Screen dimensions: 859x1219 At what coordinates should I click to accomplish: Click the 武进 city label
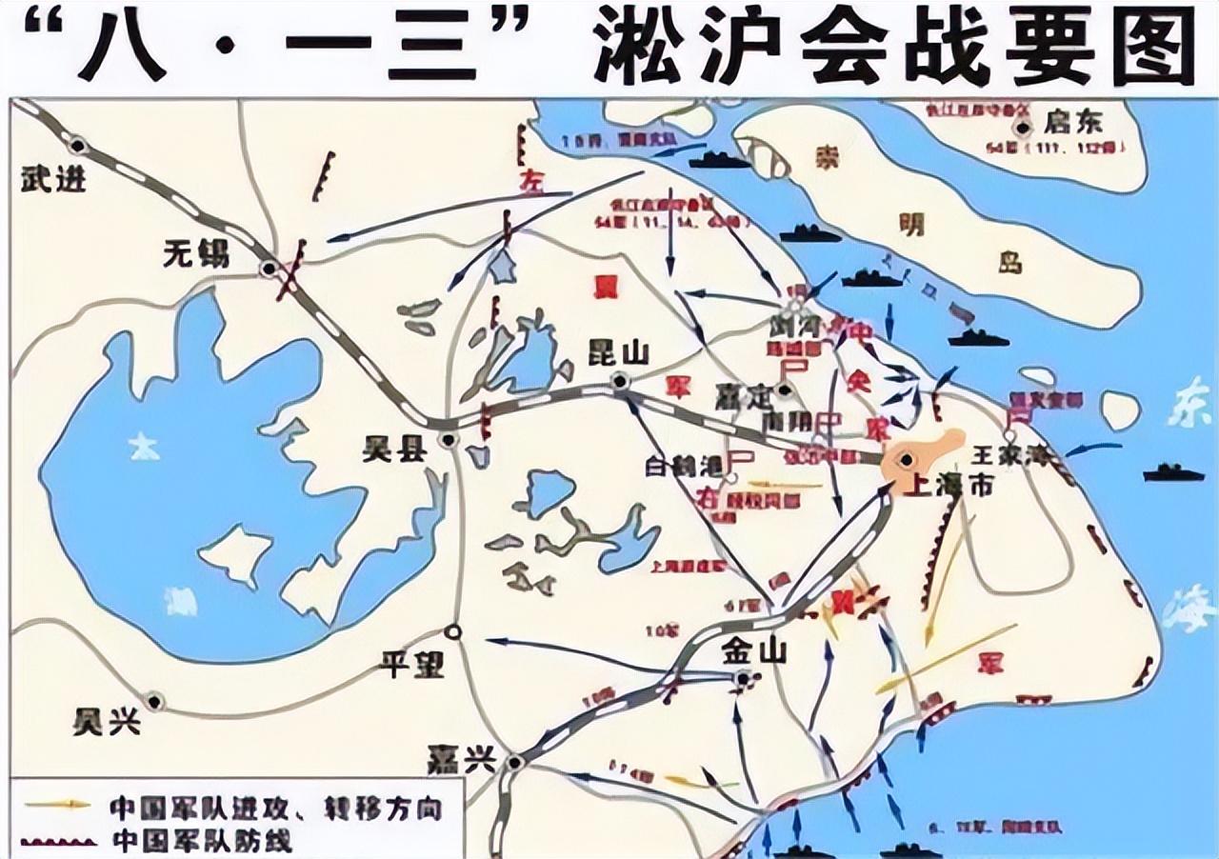[x=52, y=178]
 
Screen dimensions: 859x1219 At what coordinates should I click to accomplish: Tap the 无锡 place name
[x=197, y=253]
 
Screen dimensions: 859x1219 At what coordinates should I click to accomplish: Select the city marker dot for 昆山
[x=620, y=382]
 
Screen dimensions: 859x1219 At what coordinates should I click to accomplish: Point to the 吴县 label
[x=393, y=449]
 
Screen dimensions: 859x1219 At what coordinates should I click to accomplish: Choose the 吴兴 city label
[x=107, y=721]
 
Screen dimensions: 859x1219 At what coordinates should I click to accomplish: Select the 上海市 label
[x=950, y=485]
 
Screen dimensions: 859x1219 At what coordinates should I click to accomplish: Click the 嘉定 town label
[x=745, y=394]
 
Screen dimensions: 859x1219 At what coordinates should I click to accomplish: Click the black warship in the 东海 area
[x=1173, y=471]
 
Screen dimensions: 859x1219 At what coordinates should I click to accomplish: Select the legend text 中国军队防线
[x=200, y=841]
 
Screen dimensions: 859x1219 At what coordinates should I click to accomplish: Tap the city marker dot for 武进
[x=78, y=146]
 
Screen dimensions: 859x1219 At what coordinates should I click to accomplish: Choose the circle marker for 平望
[x=454, y=630]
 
